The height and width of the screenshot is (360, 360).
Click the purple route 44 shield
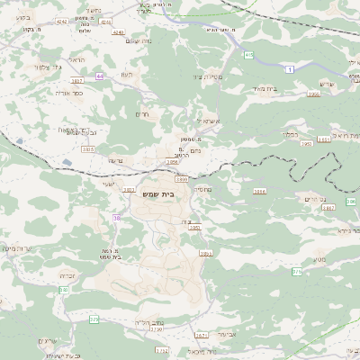(100, 76)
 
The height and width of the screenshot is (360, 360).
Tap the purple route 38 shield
(116, 218)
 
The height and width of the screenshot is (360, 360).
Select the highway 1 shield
(290, 69)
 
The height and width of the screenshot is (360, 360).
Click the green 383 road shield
(64, 290)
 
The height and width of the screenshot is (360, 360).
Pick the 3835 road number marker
(87, 149)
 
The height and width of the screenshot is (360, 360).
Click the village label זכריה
(67, 275)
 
